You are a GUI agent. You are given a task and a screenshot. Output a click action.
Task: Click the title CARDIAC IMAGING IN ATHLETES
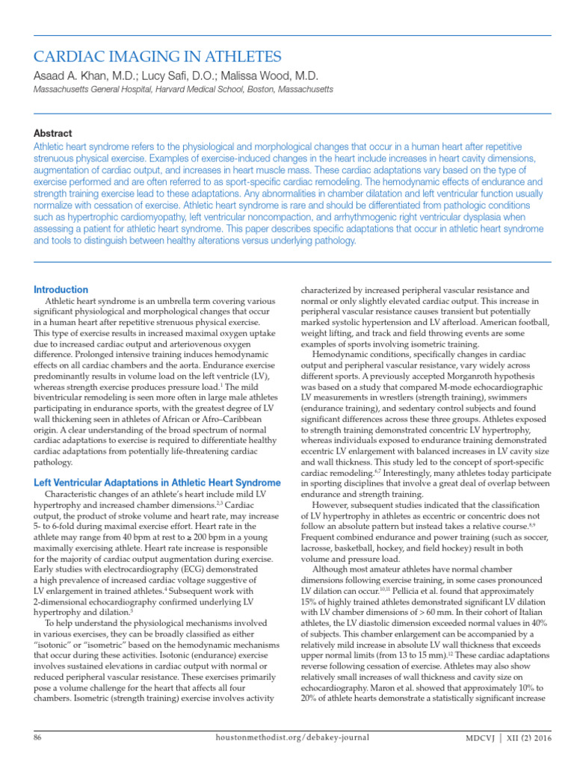[x=158, y=57]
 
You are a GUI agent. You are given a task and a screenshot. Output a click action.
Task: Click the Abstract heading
[x=53, y=133]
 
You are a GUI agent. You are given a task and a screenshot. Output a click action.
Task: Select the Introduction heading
[x=61, y=290]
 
